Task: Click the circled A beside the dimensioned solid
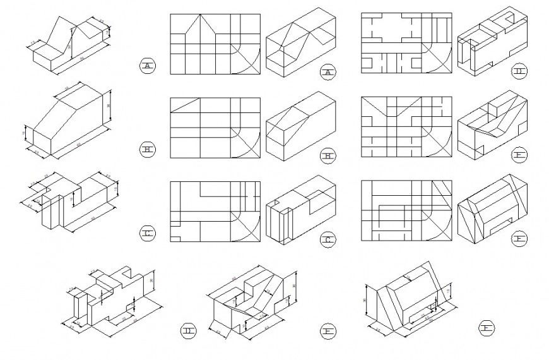[147, 65]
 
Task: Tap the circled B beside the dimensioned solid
[147, 150]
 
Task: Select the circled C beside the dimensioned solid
[147, 234]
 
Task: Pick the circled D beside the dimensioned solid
[189, 330]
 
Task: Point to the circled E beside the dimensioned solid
[328, 330]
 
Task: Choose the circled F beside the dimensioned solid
[487, 327]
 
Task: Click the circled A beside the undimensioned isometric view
[328, 73]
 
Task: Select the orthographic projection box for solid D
[406, 43]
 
